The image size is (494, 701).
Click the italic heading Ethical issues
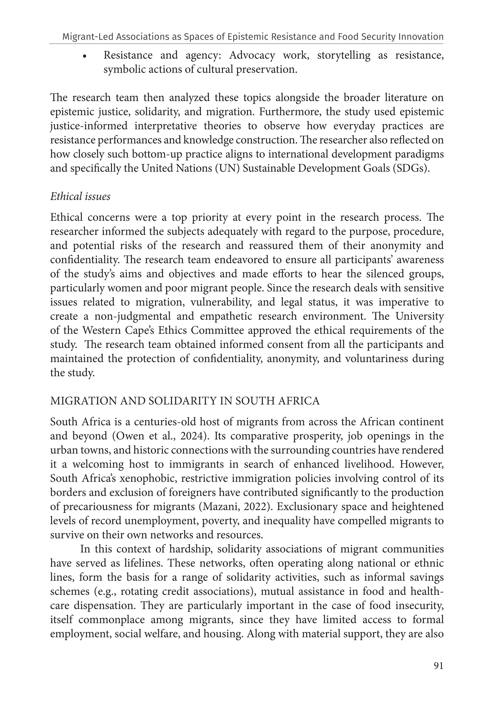pos(80,196)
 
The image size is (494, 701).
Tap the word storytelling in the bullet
pos(343,55)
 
